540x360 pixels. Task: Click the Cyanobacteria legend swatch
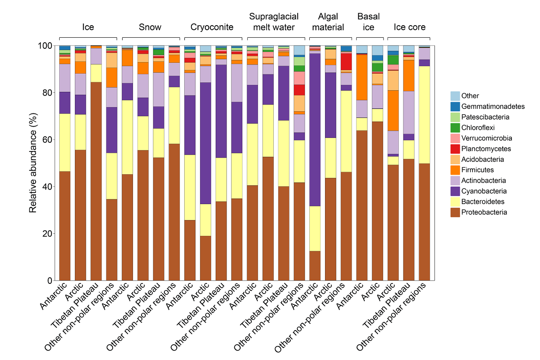(456, 191)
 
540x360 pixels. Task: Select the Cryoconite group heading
(212, 27)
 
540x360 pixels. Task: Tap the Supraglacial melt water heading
(272, 22)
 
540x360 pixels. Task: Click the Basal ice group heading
(369, 22)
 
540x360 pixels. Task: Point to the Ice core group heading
(410, 27)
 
